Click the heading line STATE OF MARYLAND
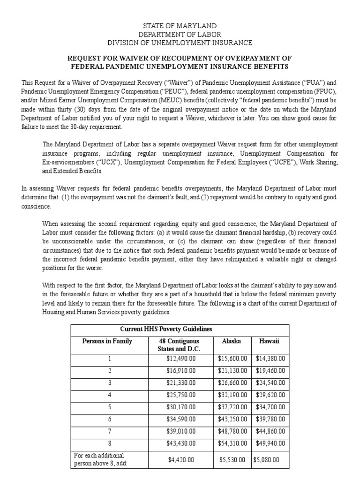(x=180, y=26)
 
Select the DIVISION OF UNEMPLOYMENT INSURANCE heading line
(x=180, y=43)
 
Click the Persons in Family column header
(x=107, y=341)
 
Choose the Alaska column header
(x=232, y=341)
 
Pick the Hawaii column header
(x=270, y=341)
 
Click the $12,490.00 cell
(x=180, y=358)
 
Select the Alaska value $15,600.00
(x=232, y=358)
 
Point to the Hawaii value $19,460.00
(x=270, y=370)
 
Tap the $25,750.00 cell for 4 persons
(x=180, y=395)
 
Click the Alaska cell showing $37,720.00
(x=232, y=407)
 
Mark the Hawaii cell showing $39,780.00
(x=270, y=419)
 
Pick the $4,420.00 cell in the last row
(x=180, y=460)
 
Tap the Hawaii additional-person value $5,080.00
(x=269, y=460)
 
